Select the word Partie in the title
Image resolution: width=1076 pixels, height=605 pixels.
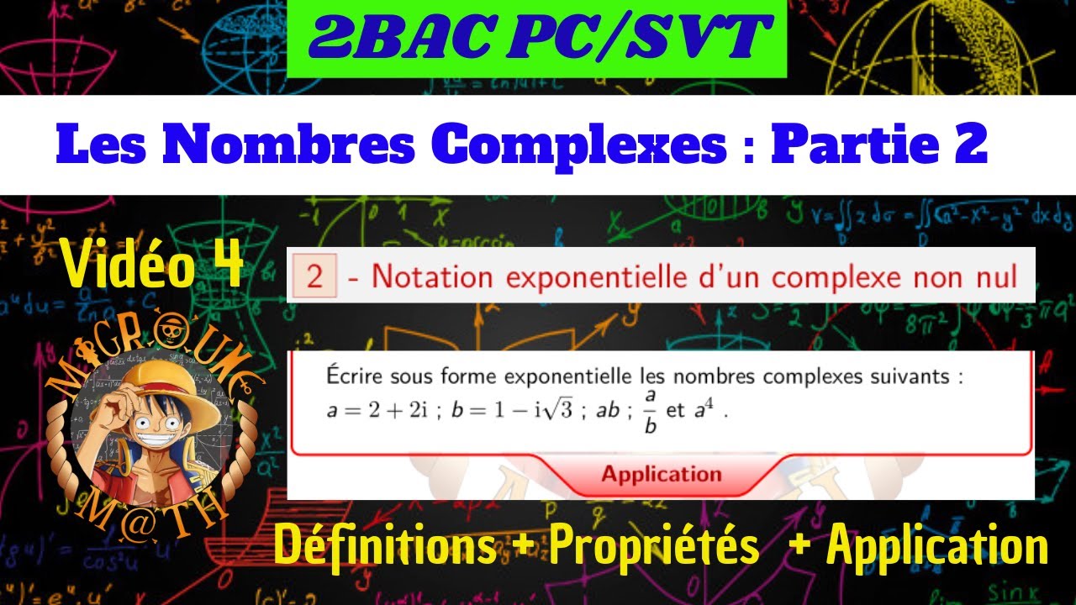pos(862,145)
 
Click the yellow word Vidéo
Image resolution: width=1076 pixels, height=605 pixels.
pos(128,266)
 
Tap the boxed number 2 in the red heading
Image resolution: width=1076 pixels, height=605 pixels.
pos(314,276)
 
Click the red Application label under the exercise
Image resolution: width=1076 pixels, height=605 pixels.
pos(661,474)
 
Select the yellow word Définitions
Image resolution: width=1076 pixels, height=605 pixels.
pos(384,547)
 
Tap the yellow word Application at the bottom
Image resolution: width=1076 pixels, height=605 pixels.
pos(937,547)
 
